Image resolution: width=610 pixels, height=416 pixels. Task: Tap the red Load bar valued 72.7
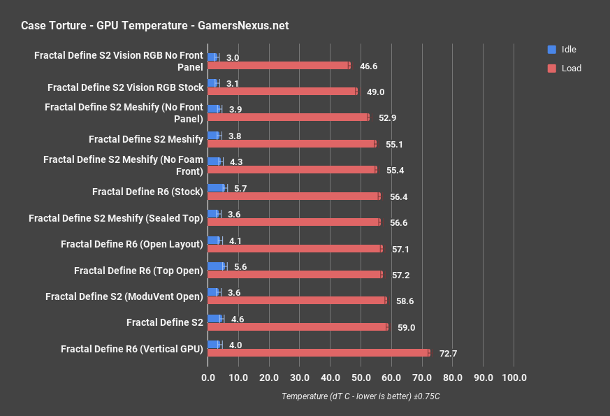(318, 353)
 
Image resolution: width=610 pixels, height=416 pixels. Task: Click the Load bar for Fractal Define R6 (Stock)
(293, 196)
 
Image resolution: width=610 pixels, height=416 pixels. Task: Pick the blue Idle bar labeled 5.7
(217, 187)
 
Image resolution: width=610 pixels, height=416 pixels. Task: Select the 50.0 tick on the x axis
(361, 378)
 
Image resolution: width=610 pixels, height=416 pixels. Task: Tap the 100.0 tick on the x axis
(514, 378)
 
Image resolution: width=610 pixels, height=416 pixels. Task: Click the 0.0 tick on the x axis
(208, 378)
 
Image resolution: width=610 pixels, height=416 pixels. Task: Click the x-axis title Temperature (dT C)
(361, 396)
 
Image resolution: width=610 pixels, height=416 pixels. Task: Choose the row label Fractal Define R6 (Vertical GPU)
(132, 348)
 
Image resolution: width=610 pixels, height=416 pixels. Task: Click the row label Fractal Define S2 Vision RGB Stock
(125, 87)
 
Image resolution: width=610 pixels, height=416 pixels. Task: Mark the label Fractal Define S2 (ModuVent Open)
(124, 296)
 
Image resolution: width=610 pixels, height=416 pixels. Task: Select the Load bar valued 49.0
(282, 92)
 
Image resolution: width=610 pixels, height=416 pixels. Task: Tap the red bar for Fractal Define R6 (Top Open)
(295, 275)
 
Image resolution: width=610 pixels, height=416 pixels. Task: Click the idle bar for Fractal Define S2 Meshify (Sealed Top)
(214, 213)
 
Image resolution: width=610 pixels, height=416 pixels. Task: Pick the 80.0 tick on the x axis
(453, 378)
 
